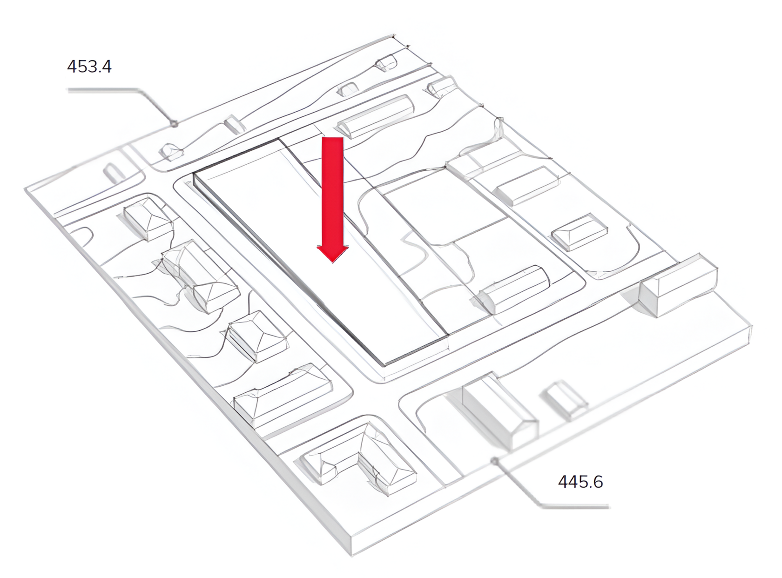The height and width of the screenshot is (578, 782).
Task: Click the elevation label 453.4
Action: pos(89,67)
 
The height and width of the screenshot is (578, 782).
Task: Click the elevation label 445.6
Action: pos(580,482)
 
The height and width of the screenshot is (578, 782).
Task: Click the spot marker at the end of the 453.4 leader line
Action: pos(174,124)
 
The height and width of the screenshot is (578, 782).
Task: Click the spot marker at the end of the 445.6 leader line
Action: pos(495,461)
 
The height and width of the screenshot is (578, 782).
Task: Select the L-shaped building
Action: pos(358,458)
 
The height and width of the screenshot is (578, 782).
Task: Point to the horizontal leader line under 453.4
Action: pos(102,90)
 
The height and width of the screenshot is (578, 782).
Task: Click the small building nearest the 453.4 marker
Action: pos(171,151)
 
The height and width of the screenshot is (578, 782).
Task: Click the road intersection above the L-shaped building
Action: pos(372,396)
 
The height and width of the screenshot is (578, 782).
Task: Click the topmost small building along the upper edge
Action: pos(386,63)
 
